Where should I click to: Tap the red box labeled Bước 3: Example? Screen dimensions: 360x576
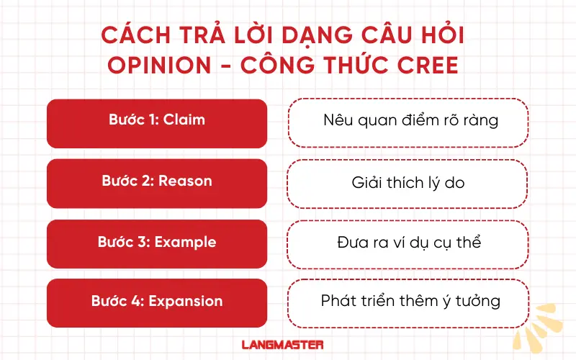click(157, 243)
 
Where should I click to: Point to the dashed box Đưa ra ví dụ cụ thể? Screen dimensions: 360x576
click(408, 243)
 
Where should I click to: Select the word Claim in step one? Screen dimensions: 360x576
click(184, 120)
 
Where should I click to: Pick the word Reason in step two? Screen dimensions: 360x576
click(186, 181)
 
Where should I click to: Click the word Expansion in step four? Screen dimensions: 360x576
click(186, 302)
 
